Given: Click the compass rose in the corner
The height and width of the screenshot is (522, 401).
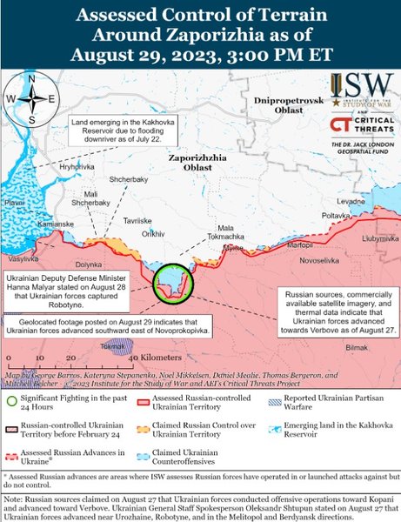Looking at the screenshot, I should (x=30, y=99).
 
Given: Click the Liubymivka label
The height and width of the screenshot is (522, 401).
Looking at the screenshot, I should (x=379, y=237).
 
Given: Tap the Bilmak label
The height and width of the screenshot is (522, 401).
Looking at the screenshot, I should (x=358, y=347).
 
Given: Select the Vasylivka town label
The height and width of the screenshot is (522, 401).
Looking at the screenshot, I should (x=23, y=259).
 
